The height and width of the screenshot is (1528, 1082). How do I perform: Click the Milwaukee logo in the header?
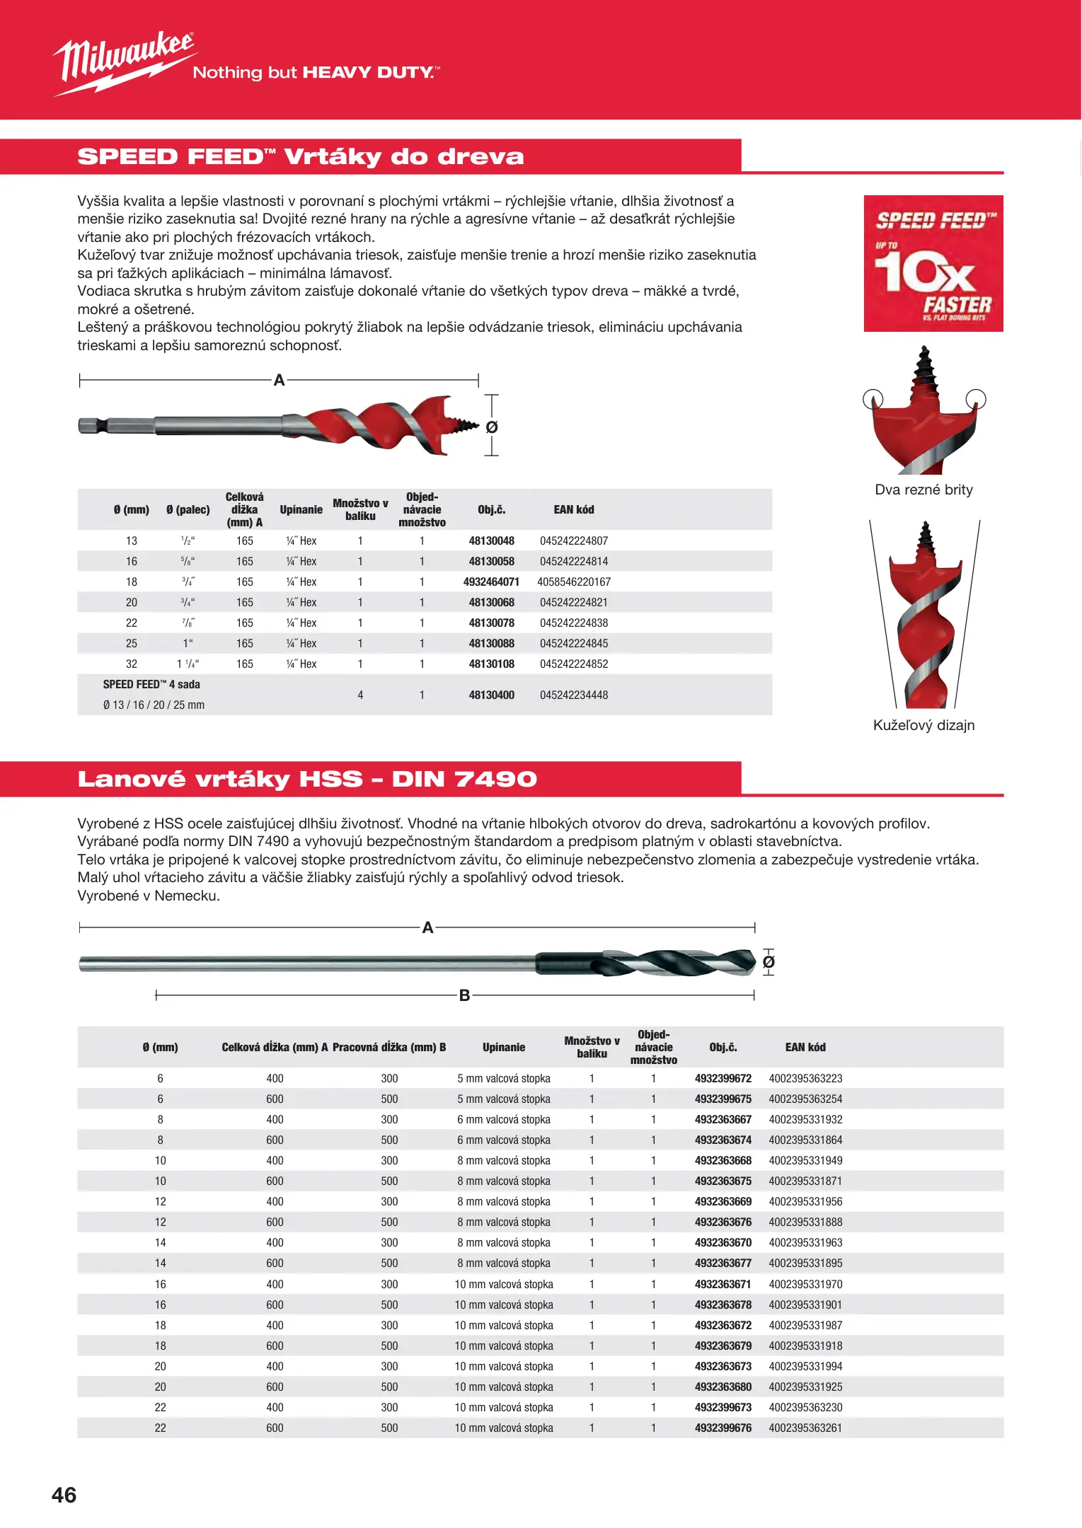(x=124, y=62)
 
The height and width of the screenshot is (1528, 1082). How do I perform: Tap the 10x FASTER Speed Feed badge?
(x=933, y=263)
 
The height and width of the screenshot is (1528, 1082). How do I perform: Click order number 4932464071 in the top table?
(x=491, y=581)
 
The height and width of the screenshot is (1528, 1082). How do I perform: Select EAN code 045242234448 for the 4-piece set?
(x=574, y=695)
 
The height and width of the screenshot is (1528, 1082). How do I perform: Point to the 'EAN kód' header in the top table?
(x=574, y=509)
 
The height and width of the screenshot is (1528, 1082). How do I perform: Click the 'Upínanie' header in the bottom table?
(x=504, y=1047)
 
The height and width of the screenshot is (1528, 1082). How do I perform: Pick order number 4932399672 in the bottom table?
(x=723, y=1078)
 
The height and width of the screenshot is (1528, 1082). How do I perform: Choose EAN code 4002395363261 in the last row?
(x=805, y=1428)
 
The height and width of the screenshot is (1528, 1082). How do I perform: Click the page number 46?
(x=64, y=1495)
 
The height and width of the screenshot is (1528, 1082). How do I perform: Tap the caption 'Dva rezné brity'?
(x=923, y=490)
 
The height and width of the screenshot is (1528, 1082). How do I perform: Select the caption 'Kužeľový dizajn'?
(x=923, y=725)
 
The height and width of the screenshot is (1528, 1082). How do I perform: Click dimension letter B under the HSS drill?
(x=464, y=995)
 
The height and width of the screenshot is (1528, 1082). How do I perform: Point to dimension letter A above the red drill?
(x=279, y=381)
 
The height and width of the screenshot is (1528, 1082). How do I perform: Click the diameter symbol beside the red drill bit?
(x=492, y=427)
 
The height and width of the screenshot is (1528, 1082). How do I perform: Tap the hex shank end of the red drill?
(x=92, y=425)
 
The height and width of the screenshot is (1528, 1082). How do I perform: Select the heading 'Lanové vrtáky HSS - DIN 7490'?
(x=307, y=779)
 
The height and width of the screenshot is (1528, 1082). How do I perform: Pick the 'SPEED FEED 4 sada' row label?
(x=151, y=684)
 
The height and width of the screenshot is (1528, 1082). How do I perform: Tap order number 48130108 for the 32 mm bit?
(x=491, y=664)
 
